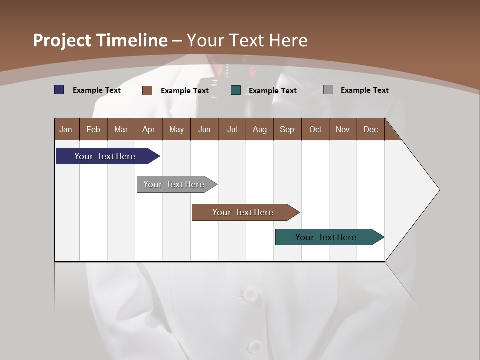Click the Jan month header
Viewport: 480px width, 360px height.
click(x=66, y=129)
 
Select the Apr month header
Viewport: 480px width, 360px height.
click(x=149, y=129)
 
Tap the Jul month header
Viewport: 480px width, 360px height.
click(x=232, y=129)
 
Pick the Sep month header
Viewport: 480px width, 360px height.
click(x=287, y=129)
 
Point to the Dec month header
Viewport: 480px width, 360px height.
click(x=370, y=129)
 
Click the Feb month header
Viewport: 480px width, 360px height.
click(x=93, y=129)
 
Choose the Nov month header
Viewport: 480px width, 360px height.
click(x=343, y=129)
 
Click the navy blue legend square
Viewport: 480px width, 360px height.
click(x=59, y=90)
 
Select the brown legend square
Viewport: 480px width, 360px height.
click(x=147, y=90)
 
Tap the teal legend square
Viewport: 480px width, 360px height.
click(x=236, y=90)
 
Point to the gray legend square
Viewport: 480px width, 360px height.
click(x=328, y=90)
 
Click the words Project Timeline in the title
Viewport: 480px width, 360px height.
click(x=100, y=40)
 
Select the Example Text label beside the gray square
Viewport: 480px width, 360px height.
click(x=364, y=90)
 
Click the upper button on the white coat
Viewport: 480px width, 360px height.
click(x=249, y=294)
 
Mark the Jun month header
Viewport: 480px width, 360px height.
click(x=204, y=129)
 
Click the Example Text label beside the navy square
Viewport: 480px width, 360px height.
click(x=97, y=90)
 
